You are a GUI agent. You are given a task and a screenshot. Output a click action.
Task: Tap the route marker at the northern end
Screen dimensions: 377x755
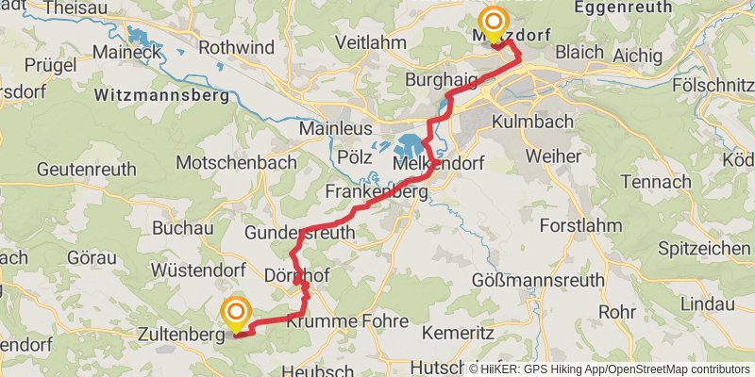tap(494, 21)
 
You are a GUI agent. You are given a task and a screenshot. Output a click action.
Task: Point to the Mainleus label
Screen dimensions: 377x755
tap(336, 127)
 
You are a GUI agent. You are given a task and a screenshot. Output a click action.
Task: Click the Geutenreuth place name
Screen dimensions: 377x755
tap(87, 170)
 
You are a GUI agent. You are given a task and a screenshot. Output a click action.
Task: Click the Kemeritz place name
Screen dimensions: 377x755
tap(457, 334)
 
